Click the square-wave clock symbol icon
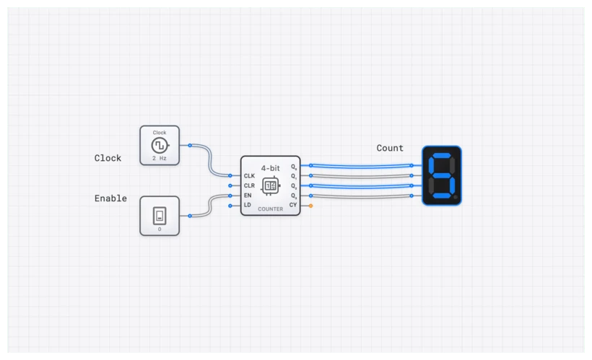159,145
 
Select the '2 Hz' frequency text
159,157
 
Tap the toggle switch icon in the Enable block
159,214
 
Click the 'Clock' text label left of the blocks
108,158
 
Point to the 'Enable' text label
110,198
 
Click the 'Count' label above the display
390,148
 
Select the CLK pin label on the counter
249,175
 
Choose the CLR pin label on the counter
249,185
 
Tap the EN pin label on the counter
248,196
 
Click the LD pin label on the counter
248,206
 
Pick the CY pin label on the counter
293,206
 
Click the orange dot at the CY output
310,206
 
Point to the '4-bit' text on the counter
271,167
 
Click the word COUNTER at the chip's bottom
270,208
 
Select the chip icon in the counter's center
270,186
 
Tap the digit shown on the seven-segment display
441,175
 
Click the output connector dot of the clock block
190,145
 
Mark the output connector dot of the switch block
190,215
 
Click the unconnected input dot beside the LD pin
230,206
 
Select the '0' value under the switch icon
159,229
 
